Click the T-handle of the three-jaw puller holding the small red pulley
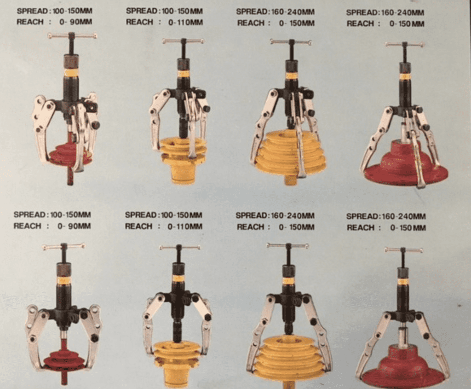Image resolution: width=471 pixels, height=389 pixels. (x=72, y=36)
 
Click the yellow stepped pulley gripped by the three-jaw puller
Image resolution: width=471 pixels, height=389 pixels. (x=288, y=154)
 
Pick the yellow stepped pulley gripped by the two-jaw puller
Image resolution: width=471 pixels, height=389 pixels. (x=288, y=357)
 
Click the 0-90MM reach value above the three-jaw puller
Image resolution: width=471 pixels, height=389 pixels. (x=76, y=22)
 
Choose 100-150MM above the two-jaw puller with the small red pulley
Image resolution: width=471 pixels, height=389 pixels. (x=70, y=215)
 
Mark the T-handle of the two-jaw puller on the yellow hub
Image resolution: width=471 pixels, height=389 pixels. (x=179, y=248)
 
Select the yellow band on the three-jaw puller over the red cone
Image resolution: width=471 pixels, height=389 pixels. (x=405, y=76)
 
